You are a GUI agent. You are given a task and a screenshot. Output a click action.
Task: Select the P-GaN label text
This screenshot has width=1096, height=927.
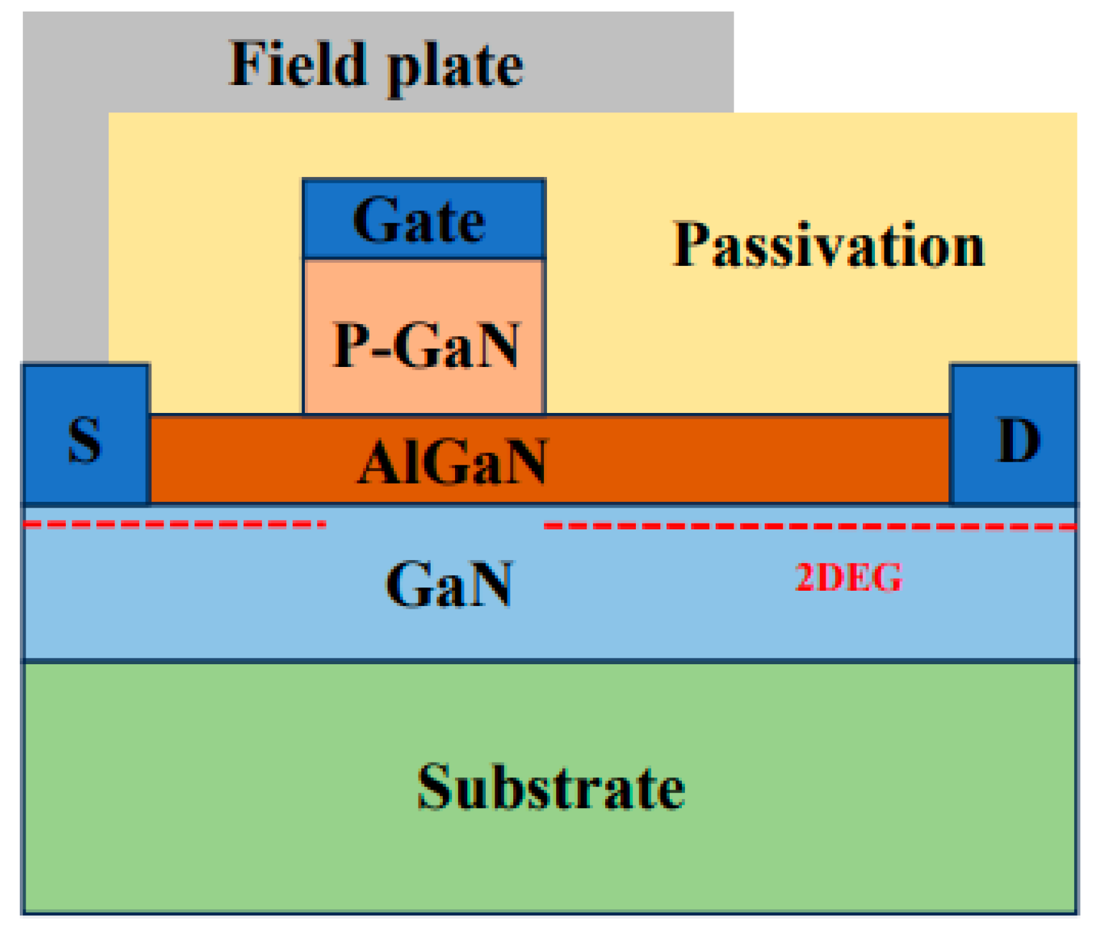(426, 345)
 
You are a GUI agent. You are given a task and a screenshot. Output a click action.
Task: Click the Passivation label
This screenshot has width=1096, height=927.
(828, 245)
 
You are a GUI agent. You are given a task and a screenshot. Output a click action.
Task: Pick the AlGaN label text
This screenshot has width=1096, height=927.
(452, 462)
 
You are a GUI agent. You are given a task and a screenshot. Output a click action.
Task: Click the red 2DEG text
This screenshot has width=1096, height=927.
(848, 577)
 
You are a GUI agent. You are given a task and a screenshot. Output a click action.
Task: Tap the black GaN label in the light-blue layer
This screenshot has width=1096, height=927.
(449, 584)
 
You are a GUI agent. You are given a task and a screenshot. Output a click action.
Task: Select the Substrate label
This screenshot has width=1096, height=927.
(551, 787)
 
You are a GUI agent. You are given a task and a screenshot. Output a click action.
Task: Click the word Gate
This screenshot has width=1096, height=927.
(419, 221)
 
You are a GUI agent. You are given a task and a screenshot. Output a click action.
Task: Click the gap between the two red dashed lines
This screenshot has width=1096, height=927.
(435, 525)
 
